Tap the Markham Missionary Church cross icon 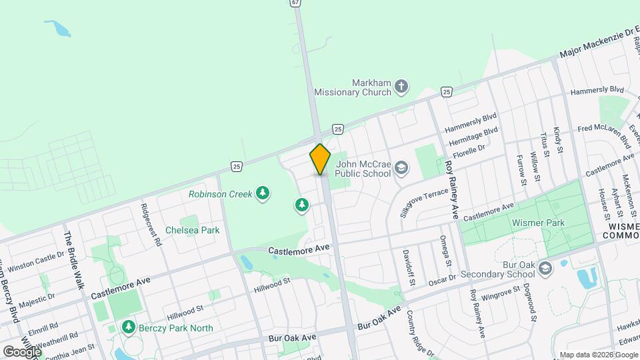tap(401, 85)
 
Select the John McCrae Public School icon tap(401, 167)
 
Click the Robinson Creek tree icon tap(263, 194)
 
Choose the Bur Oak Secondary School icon tap(545, 269)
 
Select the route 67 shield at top tap(295, 3)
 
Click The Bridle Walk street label tap(75, 260)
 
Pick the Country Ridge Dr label tap(420, 333)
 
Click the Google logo tap(21, 351)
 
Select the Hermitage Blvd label tap(473, 137)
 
